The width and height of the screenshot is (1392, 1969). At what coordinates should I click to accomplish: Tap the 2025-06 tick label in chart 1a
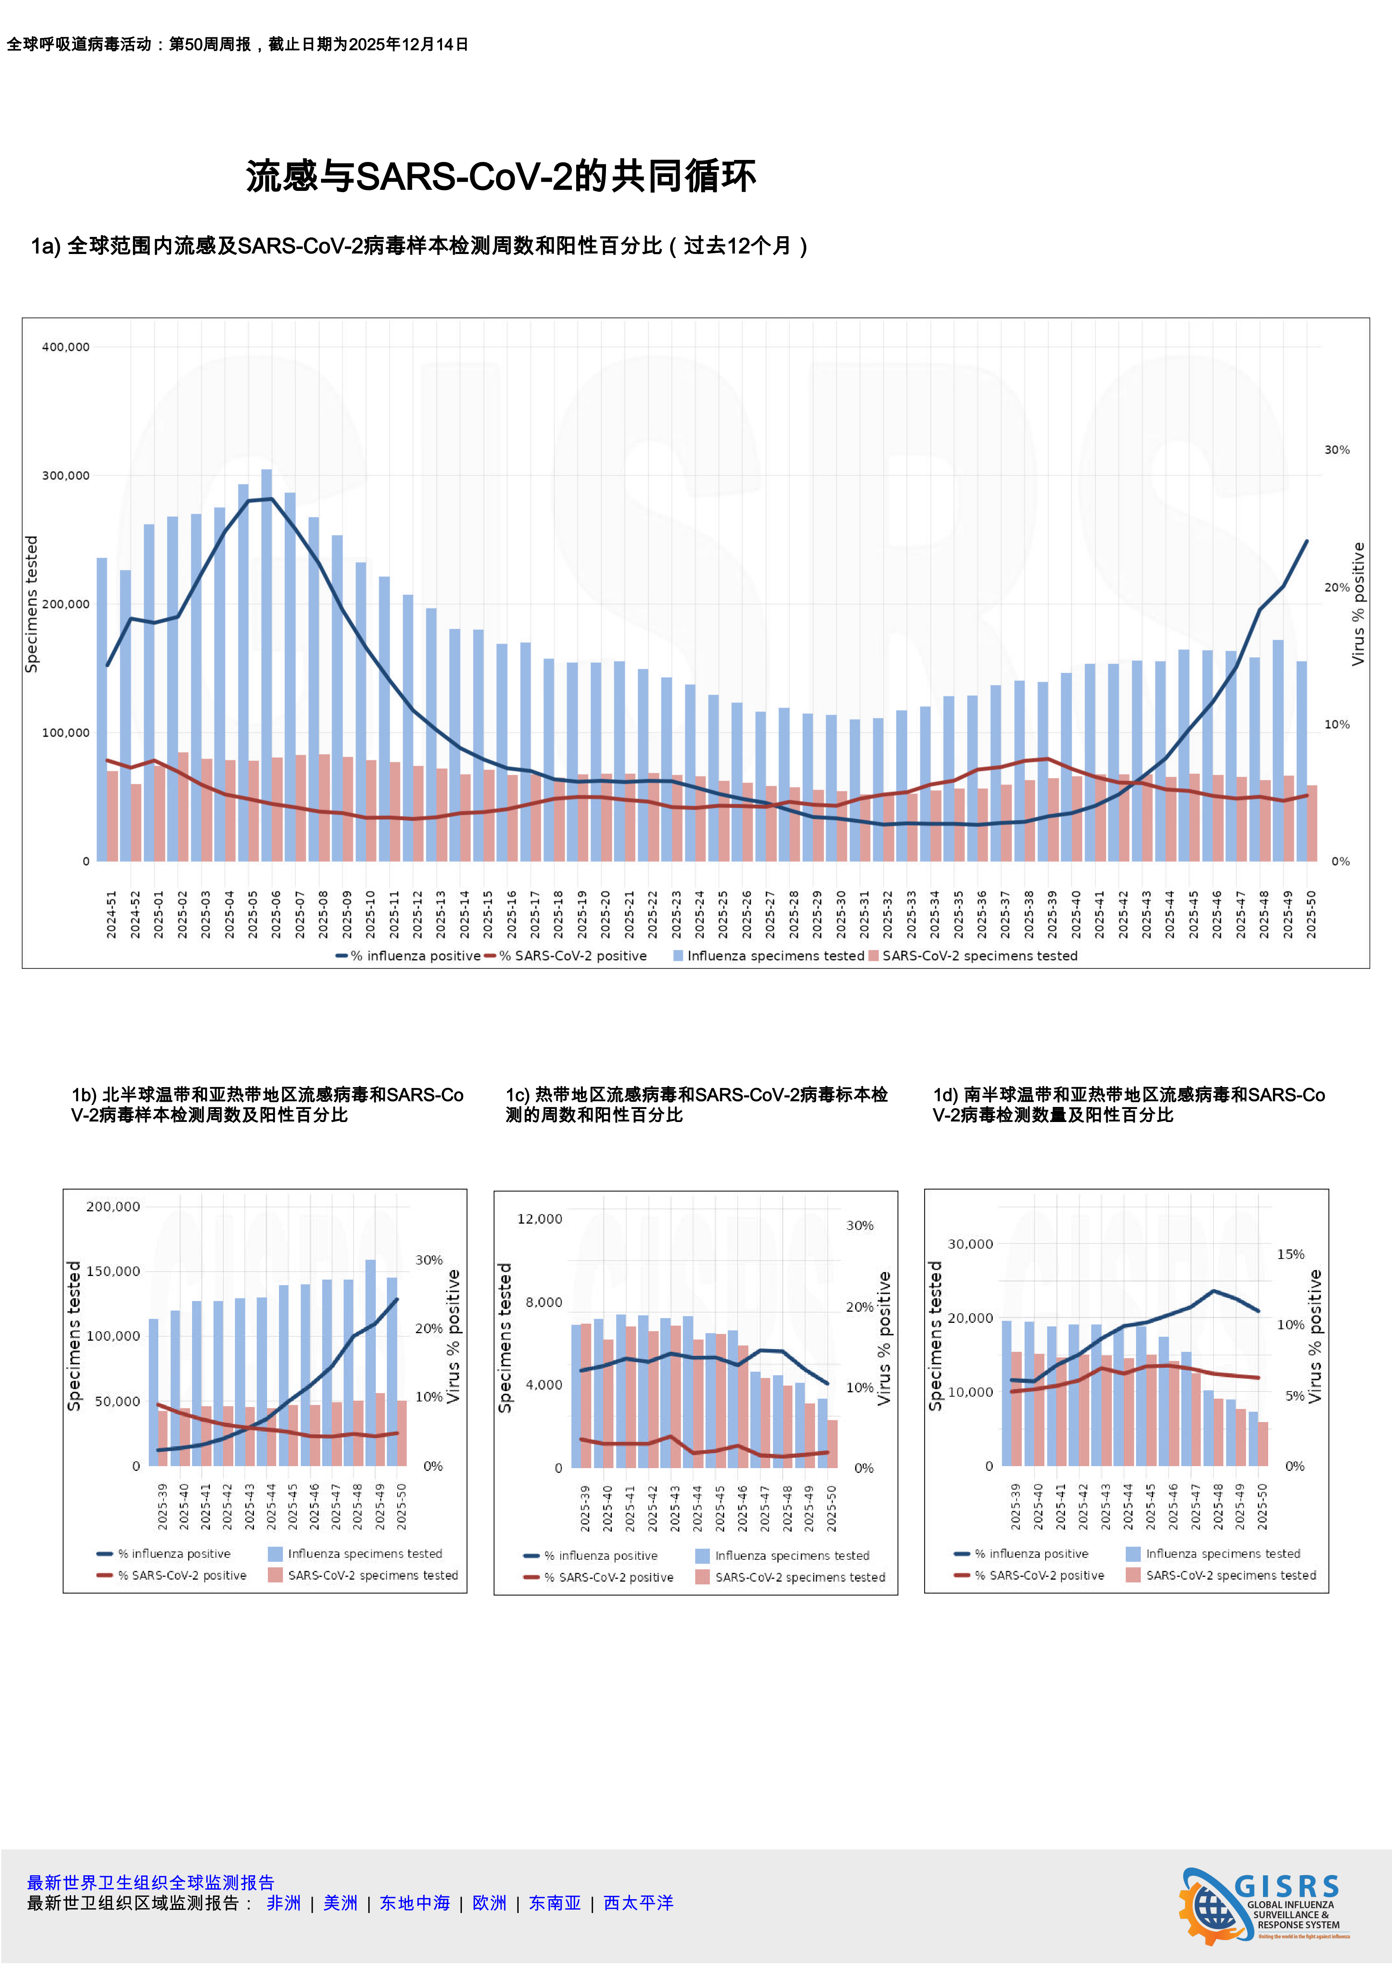[276, 914]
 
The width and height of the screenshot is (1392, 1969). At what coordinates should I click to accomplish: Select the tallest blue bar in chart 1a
[267, 665]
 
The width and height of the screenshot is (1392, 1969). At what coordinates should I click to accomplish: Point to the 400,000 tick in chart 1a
[66, 347]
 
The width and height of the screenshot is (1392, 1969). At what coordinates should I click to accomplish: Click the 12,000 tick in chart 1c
[540, 1218]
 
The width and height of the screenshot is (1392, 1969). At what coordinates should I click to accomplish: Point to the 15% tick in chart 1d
[1291, 1255]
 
